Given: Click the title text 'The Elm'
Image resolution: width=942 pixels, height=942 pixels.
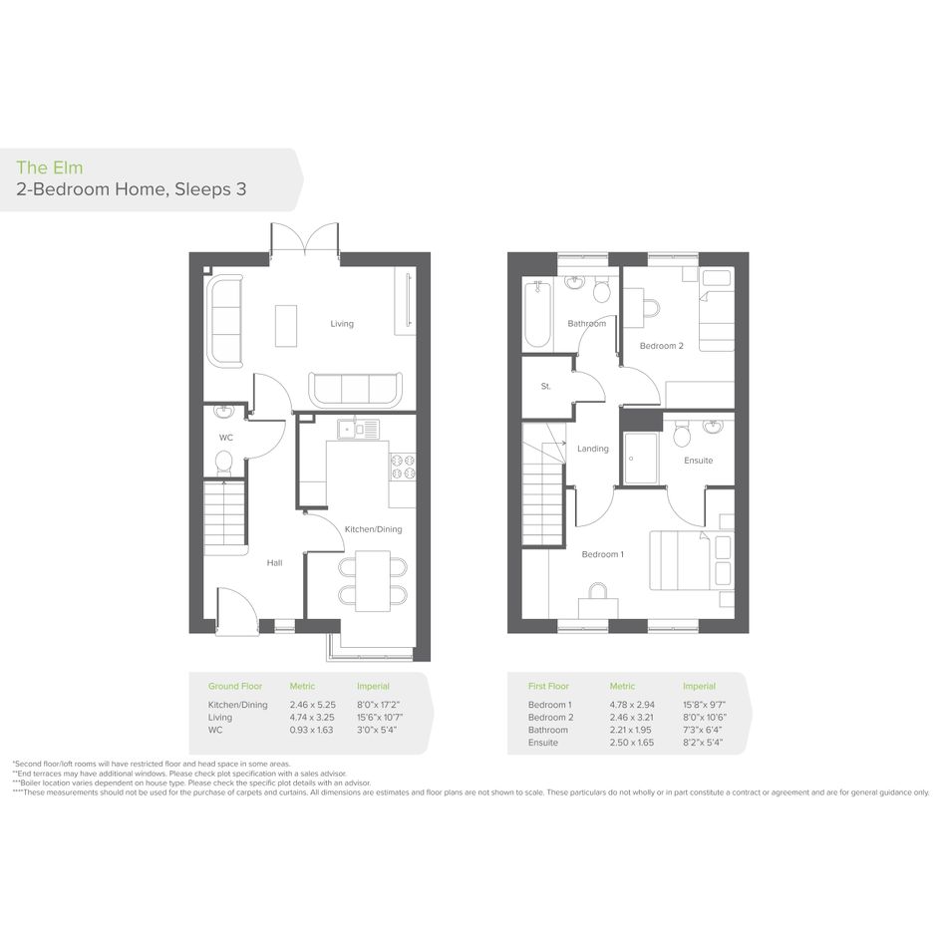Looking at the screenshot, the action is tap(49, 167).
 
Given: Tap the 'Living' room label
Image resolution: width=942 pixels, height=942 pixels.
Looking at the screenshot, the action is tap(342, 324).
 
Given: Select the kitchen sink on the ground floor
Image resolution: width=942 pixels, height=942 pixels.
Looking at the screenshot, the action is tap(359, 429).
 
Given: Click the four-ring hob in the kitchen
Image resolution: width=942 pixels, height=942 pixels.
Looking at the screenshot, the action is tap(403, 467).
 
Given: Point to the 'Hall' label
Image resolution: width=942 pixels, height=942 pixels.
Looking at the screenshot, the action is tap(274, 563).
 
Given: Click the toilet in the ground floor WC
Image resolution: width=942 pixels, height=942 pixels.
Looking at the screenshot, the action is tap(224, 463).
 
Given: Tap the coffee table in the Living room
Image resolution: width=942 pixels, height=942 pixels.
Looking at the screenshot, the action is tap(286, 326).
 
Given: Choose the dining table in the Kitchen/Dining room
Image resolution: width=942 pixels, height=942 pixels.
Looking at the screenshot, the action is tap(373, 581).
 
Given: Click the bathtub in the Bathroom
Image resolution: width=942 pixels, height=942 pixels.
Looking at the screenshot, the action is tap(537, 314).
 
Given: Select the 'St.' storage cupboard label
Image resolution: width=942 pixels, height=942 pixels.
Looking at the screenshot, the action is tap(545, 387).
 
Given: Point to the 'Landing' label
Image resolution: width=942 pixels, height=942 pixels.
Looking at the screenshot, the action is tap(593, 449).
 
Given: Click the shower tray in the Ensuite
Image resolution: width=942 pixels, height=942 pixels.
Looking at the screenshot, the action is tap(641, 458).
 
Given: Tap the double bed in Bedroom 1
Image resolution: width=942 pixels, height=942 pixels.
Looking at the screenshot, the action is tap(691, 560).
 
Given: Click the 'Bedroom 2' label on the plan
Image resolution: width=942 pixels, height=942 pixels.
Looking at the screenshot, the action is tap(662, 346).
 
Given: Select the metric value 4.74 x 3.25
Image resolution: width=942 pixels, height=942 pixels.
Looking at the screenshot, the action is tap(312, 718).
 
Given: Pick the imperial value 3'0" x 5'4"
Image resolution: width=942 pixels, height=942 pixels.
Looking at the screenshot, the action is tap(377, 730).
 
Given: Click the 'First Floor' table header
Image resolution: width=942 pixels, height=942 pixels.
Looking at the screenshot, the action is tap(548, 686).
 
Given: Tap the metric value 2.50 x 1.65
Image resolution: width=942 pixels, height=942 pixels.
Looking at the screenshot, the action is tap(632, 743).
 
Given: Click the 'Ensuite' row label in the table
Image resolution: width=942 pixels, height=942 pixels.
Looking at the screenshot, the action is tap(543, 743).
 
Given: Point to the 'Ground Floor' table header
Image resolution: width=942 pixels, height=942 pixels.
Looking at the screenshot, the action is tap(235, 686).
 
